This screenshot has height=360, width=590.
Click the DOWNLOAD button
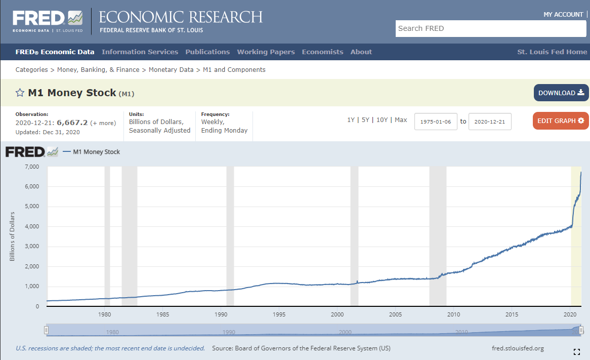point(561,93)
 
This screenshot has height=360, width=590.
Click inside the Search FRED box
point(491,28)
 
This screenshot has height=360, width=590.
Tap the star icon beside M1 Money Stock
point(20,93)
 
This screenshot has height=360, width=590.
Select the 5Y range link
point(365,120)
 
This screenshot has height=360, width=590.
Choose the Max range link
point(401,120)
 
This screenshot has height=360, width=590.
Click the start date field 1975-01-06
point(436,122)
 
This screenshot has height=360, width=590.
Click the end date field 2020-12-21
point(490,122)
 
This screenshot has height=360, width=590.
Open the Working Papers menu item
point(266,52)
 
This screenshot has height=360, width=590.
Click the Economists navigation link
point(322,52)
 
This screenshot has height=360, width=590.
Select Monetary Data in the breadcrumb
point(171,69)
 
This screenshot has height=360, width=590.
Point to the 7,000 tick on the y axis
point(32,167)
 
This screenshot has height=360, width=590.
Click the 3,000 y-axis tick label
point(32,247)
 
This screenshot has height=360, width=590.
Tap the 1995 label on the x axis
point(279,314)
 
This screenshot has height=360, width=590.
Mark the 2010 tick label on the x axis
point(454,314)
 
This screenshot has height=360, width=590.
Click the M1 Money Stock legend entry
point(96,152)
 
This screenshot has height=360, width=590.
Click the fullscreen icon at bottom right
point(576,352)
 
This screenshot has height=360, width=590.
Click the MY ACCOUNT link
point(563,14)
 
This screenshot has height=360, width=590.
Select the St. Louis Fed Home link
point(552,52)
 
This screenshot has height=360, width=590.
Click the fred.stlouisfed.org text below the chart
point(518,348)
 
